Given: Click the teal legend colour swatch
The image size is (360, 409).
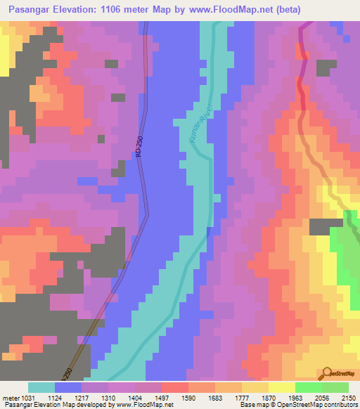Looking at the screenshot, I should click(x=41, y=387).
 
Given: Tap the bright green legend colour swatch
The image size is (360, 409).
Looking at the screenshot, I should click(x=308, y=387).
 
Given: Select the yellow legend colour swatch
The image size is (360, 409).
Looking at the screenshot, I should click(x=281, y=387).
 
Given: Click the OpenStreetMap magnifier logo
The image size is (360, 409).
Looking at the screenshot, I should click(x=328, y=372).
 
